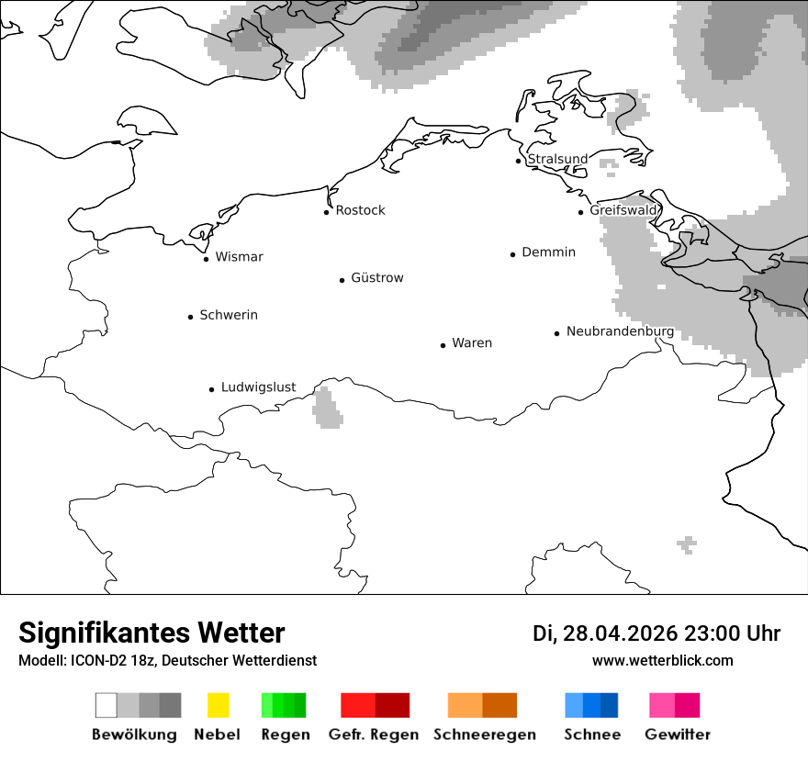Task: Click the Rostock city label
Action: pos(360,210)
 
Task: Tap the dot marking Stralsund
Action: pos(519,161)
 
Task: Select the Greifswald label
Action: pos(623,210)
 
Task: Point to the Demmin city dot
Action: pos(513,254)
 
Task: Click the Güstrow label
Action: pos(376,278)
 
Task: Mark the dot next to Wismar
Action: pos(207,259)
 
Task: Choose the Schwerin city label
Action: pos(229,315)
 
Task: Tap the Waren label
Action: pos(472,343)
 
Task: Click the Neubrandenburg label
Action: pos(620,331)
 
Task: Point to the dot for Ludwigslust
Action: pos(212,389)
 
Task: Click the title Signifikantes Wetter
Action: pos(151,633)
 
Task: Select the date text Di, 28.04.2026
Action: pos(605,633)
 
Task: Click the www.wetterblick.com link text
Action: pos(662,660)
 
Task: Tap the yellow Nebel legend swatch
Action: pos(218,705)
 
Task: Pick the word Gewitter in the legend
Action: pos(677,734)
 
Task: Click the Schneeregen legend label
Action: pos(484,734)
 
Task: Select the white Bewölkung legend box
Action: pos(107,705)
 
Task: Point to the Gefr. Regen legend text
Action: pos(374,734)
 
